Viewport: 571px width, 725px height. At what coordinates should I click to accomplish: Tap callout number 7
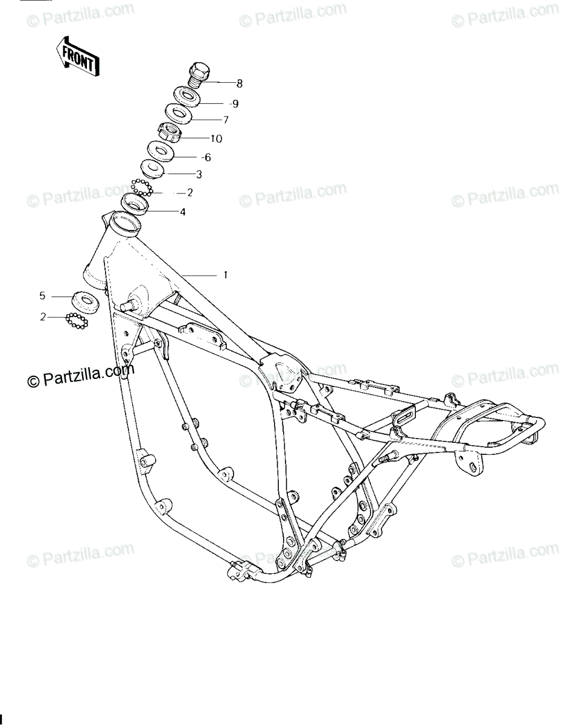tap(226, 120)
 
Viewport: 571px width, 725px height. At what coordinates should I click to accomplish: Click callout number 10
tap(215, 139)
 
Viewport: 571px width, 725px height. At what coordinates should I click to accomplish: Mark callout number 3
tap(198, 175)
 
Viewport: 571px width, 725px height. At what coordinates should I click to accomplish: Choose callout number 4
tap(182, 212)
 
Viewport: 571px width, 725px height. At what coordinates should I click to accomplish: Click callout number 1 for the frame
tap(225, 275)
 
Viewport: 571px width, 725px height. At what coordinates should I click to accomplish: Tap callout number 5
tap(42, 296)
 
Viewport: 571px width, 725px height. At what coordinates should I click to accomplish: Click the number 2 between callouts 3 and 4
tap(190, 193)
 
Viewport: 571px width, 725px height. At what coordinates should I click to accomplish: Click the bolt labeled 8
tap(200, 76)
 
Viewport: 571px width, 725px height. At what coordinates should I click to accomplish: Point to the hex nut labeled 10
tap(170, 132)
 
